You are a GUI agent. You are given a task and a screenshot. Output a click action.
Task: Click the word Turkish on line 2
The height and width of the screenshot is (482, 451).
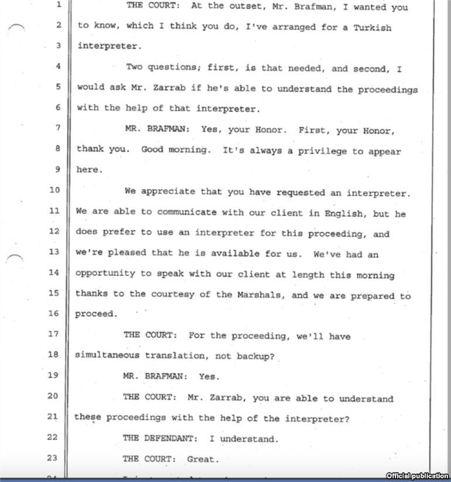(x=373, y=27)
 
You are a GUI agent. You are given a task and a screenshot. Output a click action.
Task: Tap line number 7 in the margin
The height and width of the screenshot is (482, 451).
(x=57, y=128)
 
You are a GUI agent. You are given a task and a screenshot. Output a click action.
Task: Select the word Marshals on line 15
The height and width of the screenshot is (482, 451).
(x=261, y=294)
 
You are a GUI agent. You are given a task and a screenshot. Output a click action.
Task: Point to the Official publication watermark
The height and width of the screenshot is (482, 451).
(x=418, y=476)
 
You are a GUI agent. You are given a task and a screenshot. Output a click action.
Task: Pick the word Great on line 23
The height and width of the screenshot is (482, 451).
(x=202, y=459)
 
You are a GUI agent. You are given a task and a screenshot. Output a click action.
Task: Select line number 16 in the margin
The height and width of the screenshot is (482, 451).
(x=54, y=314)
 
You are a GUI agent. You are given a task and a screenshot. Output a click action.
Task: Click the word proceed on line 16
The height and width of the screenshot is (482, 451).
(x=96, y=314)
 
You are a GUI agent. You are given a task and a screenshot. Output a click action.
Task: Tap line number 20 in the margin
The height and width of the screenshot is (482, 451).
(x=54, y=396)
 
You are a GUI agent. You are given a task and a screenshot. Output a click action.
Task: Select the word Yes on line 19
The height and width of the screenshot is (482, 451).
(x=209, y=377)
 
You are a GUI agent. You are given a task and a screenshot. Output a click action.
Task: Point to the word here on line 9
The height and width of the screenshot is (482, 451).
(x=89, y=170)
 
